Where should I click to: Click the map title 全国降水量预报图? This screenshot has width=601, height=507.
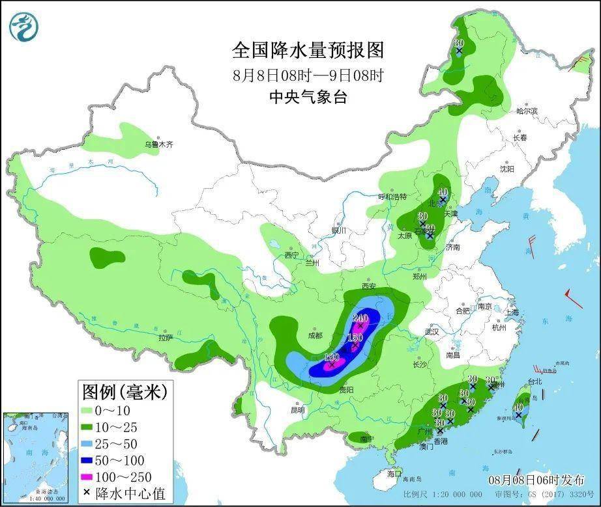point(308,50)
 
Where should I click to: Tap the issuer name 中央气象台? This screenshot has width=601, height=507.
point(308,97)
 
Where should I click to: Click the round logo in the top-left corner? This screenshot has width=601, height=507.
point(24,25)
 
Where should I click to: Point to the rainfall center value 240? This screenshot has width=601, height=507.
point(360,318)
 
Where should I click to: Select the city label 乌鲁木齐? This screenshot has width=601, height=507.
point(159,144)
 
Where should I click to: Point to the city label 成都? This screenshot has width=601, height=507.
point(314,335)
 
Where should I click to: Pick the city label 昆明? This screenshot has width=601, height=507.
point(297,410)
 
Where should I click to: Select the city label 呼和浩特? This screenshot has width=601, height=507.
point(392,197)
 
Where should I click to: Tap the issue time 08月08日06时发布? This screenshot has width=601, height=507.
point(536,480)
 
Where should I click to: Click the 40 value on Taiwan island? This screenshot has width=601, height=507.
point(518,408)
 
